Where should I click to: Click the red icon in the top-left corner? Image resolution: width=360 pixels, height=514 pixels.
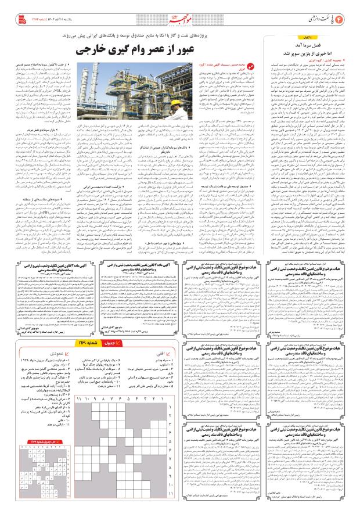click(x=12, y=10)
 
